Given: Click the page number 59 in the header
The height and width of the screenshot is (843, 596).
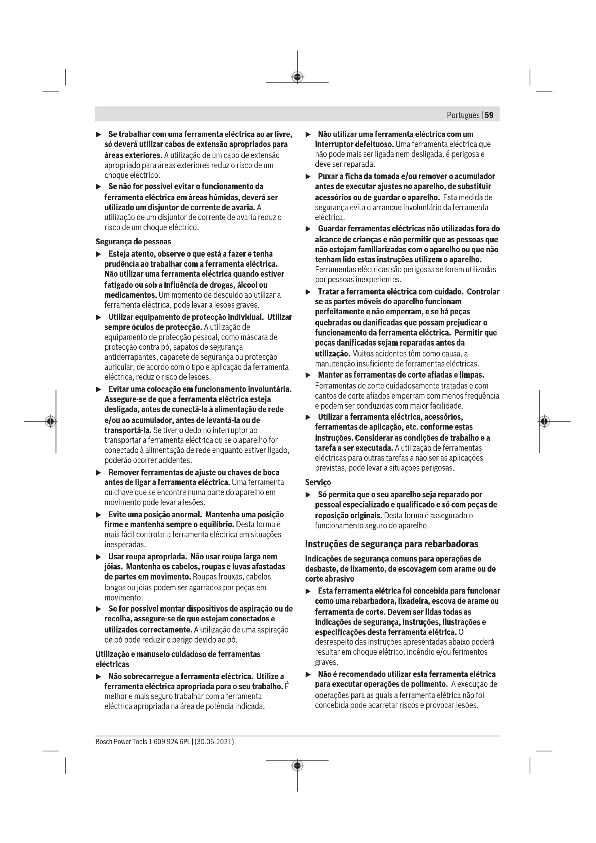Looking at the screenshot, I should click(x=489, y=115).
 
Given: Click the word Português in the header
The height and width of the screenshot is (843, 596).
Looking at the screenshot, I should click(x=463, y=115).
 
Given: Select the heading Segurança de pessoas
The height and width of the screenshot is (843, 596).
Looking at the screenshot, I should click(x=133, y=241).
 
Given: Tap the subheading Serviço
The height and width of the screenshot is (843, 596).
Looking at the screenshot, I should click(x=318, y=482).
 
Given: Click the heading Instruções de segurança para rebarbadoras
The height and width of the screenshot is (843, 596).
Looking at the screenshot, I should click(x=392, y=544).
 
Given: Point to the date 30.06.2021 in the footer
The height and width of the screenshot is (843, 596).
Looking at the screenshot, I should click(x=214, y=742).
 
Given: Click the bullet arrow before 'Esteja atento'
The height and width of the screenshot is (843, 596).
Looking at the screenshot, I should click(x=98, y=254).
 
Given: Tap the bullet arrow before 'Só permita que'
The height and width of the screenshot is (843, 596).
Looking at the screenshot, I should click(x=308, y=495).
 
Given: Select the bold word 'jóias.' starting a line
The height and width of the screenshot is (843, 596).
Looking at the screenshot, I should click(x=114, y=567).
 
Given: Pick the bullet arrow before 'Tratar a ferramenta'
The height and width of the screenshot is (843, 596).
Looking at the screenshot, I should click(x=308, y=292).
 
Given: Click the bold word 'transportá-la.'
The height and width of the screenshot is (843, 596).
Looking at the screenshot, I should click(x=128, y=430).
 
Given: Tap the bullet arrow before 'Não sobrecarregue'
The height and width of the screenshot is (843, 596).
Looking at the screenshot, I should click(x=98, y=676).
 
